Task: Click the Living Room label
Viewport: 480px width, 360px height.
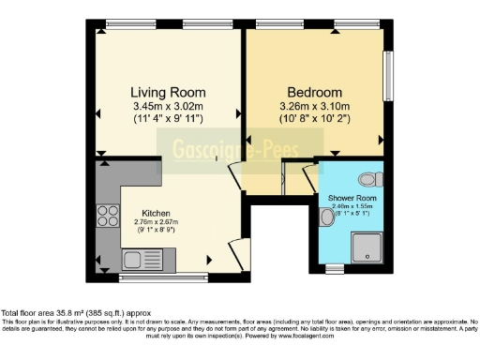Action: (168, 92)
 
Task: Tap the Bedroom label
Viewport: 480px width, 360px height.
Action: (314, 92)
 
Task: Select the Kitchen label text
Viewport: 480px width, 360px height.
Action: (156, 212)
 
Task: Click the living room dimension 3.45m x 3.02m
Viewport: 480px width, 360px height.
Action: (168, 107)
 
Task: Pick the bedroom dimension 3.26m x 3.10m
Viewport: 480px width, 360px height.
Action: (314, 107)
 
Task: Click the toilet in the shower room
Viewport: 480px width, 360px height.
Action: (369, 178)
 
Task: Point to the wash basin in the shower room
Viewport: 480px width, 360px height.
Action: (325, 217)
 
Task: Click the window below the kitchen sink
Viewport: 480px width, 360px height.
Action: (164, 277)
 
